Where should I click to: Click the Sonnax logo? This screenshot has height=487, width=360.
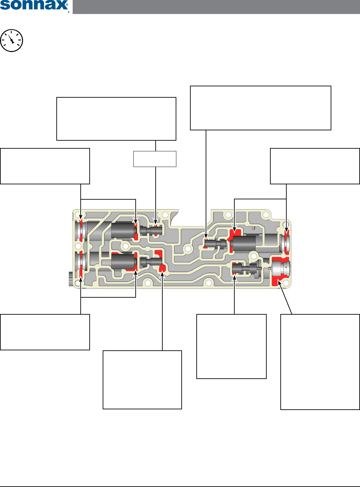34,6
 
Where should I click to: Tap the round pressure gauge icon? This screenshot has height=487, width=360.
12,41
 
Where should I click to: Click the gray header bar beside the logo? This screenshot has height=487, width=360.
216,7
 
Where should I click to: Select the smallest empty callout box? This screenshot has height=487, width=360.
155,159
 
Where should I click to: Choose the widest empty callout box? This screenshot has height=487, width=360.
260,108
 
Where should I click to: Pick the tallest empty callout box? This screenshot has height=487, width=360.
320,362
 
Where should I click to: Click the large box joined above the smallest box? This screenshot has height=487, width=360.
116,119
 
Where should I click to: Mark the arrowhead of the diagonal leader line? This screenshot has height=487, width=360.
279,283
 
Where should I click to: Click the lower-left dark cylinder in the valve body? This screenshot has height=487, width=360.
123,262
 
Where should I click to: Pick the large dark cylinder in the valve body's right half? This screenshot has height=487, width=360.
244,244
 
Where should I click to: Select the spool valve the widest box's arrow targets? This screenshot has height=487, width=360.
215,244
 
